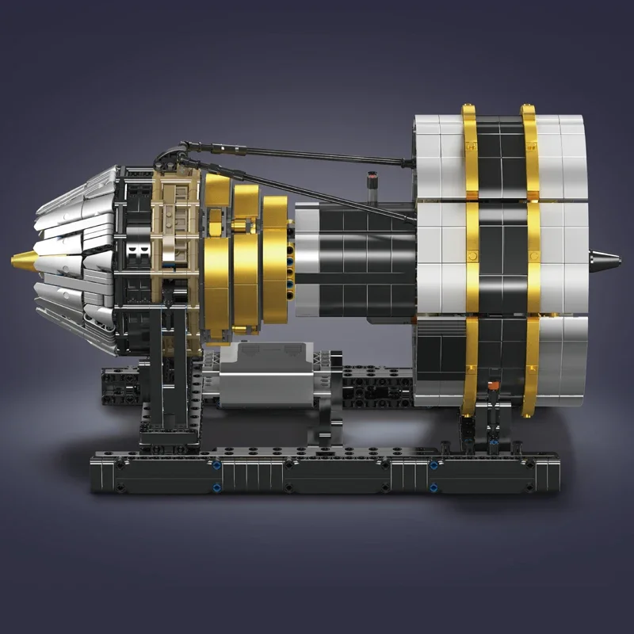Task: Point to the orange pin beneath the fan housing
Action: [x=494, y=386]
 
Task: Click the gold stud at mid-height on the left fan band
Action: [x=473, y=257]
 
